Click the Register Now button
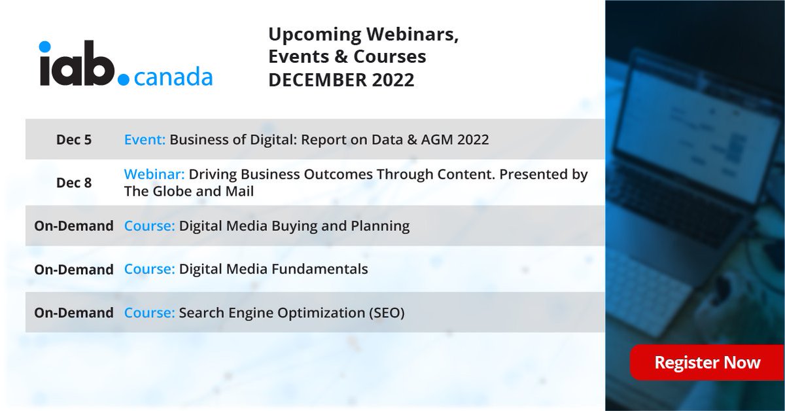pos(706,363)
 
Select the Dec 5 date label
pos(74,139)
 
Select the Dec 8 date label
pos(74,183)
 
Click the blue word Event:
pos(145,139)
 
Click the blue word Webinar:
pos(154,175)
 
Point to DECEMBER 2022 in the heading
pos(341,80)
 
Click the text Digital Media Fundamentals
pos(273,269)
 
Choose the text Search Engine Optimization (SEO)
pos(292,313)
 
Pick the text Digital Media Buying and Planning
pos(294,226)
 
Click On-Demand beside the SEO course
pos(74,313)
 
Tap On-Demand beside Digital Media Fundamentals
pos(74,269)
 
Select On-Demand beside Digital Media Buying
pos(74,226)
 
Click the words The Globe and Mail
pos(188,191)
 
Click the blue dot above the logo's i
pos(44,47)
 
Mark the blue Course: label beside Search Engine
pos(149,313)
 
